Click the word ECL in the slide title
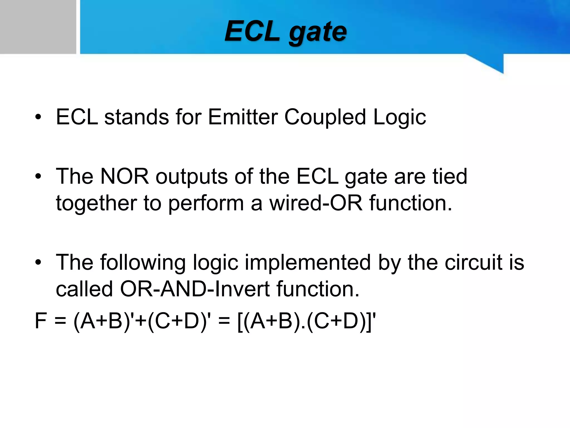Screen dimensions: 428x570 (252, 31)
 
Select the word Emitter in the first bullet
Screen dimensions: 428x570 (243, 117)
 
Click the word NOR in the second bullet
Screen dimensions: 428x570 (124, 176)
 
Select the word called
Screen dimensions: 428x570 (84, 289)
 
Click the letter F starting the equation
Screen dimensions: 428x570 (40, 321)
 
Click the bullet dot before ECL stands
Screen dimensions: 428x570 (38, 117)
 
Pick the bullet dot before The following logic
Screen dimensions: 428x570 (38, 262)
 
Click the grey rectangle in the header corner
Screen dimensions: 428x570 (38, 27)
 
